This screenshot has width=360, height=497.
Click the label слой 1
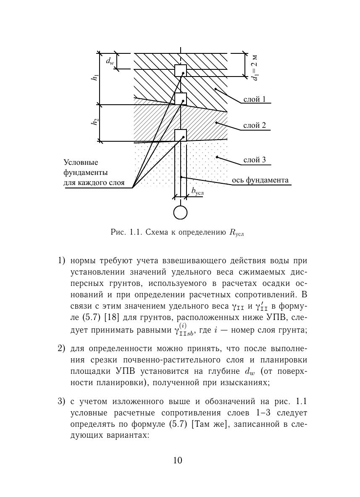pos(255,100)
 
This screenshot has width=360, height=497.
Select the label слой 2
pos(255,126)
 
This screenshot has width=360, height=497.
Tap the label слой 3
pos(255,160)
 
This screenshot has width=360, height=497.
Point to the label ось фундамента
pos(260,180)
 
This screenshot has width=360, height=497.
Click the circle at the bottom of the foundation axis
pos(180,213)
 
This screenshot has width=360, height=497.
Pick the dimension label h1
pos(96,78)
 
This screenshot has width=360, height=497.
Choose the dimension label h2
pos(96,122)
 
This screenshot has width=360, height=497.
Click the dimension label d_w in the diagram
pos(110,61)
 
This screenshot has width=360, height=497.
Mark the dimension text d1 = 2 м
pos(254,67)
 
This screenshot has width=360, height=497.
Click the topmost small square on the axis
pos(181,71)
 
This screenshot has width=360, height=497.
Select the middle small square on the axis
pos(181,99)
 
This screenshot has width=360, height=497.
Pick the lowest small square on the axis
pos(181,135)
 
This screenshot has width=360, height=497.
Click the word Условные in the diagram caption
pos(81,162)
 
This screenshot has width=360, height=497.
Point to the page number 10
pos(177,460)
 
